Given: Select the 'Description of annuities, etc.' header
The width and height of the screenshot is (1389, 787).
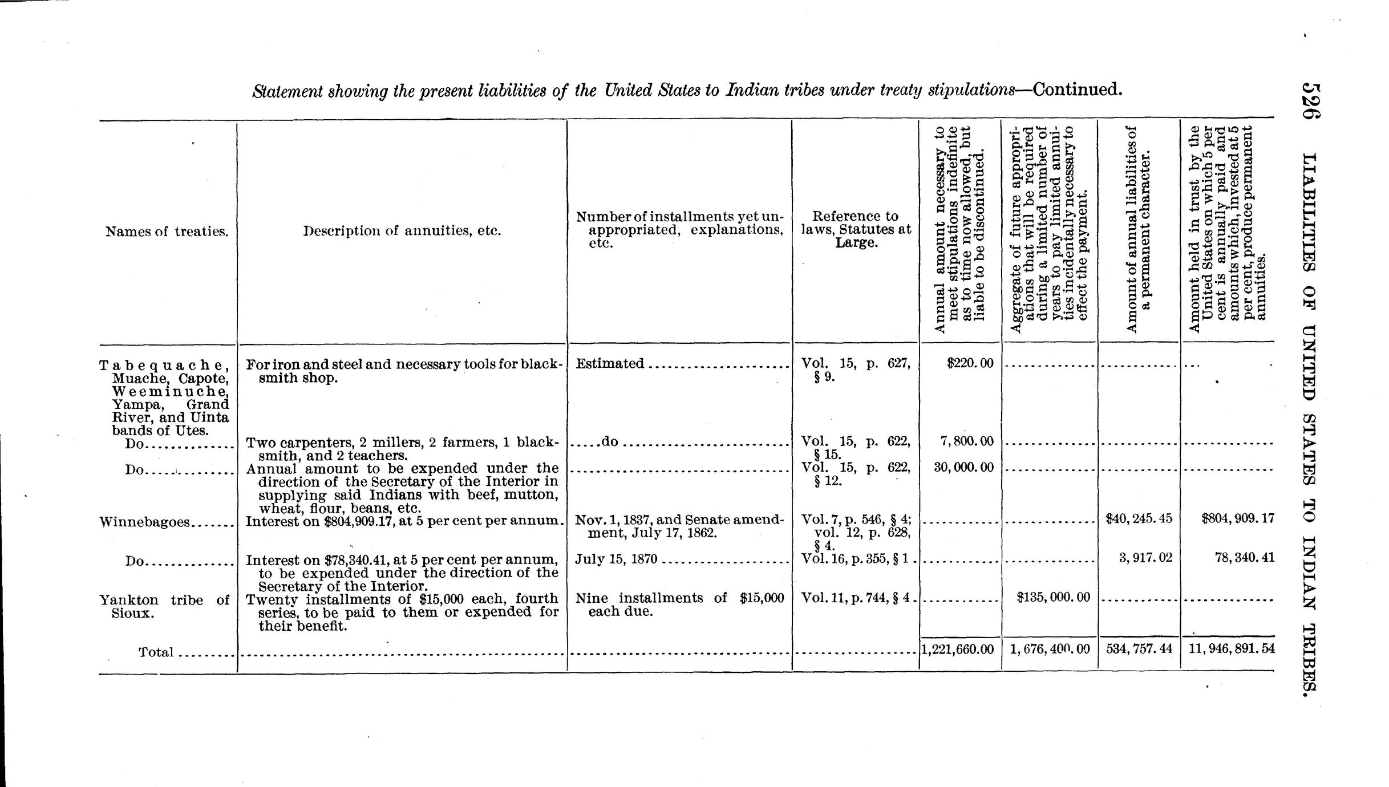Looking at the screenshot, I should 402,231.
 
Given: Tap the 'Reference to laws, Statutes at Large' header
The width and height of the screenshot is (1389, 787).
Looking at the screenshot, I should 856,229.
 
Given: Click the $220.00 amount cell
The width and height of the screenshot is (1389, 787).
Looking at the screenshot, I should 970,363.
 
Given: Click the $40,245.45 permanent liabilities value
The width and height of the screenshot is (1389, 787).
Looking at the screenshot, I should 1139,518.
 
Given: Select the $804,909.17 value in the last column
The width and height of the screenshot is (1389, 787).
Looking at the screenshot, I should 1236,518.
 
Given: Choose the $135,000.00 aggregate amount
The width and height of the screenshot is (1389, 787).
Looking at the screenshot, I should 1054,597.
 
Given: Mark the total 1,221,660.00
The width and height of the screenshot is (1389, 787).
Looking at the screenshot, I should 958,649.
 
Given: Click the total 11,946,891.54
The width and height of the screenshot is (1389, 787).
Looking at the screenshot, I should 1232,649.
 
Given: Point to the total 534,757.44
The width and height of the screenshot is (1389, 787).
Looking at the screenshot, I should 1139,649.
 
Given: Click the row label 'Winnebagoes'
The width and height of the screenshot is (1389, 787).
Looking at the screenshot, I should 144,522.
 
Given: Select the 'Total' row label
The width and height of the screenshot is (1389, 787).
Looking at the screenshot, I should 156,652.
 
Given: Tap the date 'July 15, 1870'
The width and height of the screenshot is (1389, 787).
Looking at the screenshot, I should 617,559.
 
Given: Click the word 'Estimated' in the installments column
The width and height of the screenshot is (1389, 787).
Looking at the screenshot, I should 610,363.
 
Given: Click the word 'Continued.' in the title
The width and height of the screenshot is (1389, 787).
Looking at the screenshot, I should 1077,90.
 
